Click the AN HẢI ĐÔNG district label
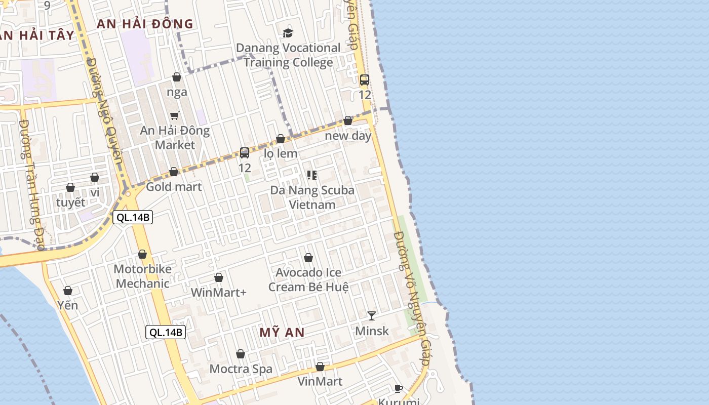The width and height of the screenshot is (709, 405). (145, 24)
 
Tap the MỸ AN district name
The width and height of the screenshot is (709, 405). (282, 333)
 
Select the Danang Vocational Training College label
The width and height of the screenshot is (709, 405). (288, 55)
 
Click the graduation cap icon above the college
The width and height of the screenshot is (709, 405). (288, 33)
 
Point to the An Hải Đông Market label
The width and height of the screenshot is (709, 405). (175, 138)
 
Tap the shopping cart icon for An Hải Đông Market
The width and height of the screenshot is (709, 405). (175, 115)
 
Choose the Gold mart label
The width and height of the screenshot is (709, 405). (174, 187)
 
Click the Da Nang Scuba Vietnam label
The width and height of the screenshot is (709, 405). (312, 197)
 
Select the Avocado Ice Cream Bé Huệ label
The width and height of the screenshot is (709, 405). (308, 279)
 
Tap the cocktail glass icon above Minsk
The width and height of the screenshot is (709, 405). (372, 316)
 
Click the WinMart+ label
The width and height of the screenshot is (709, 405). (219, 293)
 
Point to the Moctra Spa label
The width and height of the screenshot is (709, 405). (241, 369)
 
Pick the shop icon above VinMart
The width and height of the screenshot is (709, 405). (320, 367)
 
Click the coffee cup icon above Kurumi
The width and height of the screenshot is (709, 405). (399, 389)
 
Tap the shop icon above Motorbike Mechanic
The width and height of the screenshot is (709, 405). (142, 254)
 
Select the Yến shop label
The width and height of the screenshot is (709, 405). (67, 305)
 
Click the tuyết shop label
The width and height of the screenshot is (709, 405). (71, 202)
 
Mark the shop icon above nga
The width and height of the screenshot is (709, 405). (177, 77)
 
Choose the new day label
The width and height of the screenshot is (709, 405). (348, 136)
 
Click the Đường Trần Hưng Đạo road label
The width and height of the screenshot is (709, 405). (32, 185)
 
